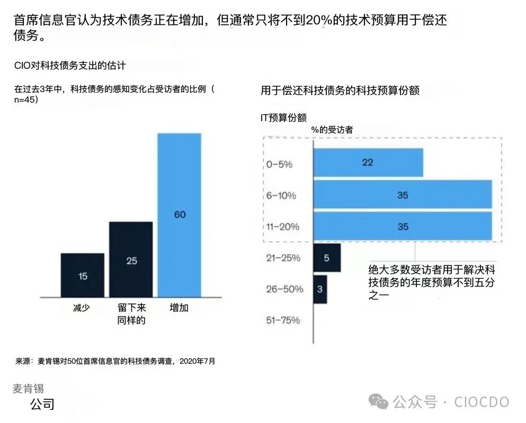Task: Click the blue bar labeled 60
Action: [180, 215]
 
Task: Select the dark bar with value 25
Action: [131, 260]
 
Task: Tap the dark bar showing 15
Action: [83, 275]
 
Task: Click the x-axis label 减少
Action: [82, 308]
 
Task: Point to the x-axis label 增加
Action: [179, 308]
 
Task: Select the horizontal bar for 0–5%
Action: [368, 162]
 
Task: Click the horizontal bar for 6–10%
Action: [403, 195]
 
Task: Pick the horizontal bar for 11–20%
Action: [403, 226]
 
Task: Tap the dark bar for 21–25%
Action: [327, 258]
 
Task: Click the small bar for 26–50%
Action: [320, 289]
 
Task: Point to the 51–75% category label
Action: [283, 320]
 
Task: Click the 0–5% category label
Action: [279, 164]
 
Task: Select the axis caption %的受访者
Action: [332, 130]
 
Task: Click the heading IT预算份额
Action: [283, 117]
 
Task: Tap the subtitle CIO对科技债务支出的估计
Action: [70, 66]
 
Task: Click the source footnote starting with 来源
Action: [115, 362]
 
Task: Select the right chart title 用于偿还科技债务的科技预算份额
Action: [340, 90]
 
